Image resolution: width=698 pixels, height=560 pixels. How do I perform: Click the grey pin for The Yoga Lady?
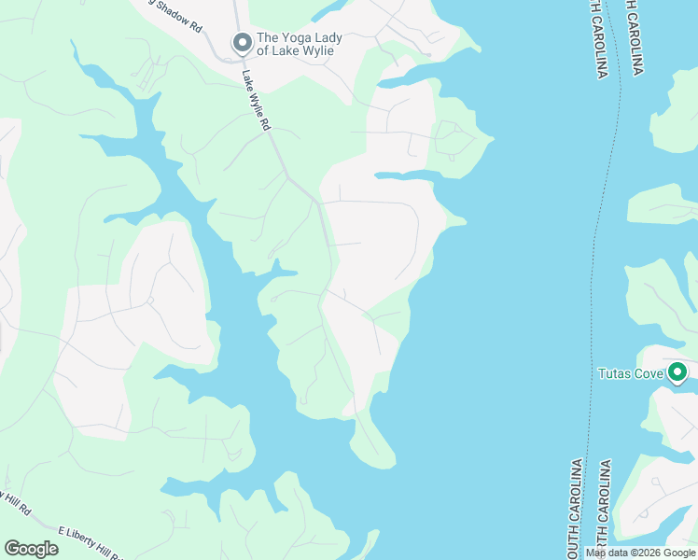(242, 43)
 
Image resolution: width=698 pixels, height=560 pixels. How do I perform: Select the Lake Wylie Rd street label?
(258, 101)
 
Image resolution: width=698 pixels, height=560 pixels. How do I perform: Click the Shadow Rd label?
(174, 18)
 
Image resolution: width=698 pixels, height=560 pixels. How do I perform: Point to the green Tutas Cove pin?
(678, 374)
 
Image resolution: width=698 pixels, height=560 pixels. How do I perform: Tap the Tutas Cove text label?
(630, 374)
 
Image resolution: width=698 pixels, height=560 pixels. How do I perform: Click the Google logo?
(31, 549)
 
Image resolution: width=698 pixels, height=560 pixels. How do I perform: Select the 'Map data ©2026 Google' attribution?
(641, 553)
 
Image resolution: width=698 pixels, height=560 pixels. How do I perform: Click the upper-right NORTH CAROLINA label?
(635, 37)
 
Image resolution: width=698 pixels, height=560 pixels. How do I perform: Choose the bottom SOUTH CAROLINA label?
(576, 509)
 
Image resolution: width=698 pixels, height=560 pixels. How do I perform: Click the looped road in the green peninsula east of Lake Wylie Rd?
(455, 140)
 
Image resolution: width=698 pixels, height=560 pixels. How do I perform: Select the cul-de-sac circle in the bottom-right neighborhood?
(658, 485)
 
